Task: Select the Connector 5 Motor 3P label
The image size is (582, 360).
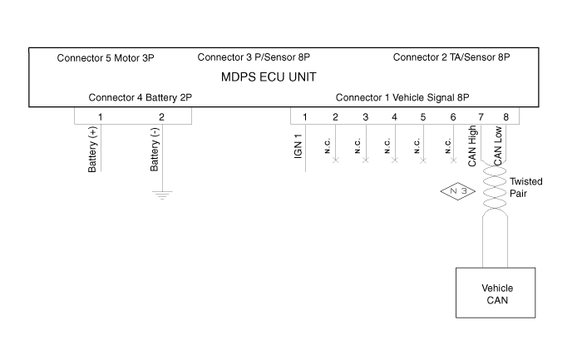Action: (x=106, y=58)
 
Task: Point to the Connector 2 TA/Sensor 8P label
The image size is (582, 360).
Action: (x=451, y=58)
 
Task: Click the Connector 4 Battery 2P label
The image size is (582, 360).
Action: (x=140, y=97)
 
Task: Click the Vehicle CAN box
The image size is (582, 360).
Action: (x=497, y=293)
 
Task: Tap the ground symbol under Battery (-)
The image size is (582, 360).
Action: (x=163, y=195)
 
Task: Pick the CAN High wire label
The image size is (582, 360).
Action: (x=472, y=147)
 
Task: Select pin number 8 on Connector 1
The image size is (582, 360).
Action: (x=506, y=116)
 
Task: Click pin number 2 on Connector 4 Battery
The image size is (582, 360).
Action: (x=162, y=116)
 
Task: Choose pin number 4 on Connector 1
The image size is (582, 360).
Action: (x=394, y=116)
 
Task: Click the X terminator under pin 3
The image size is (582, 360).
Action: (x=365, y=159)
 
